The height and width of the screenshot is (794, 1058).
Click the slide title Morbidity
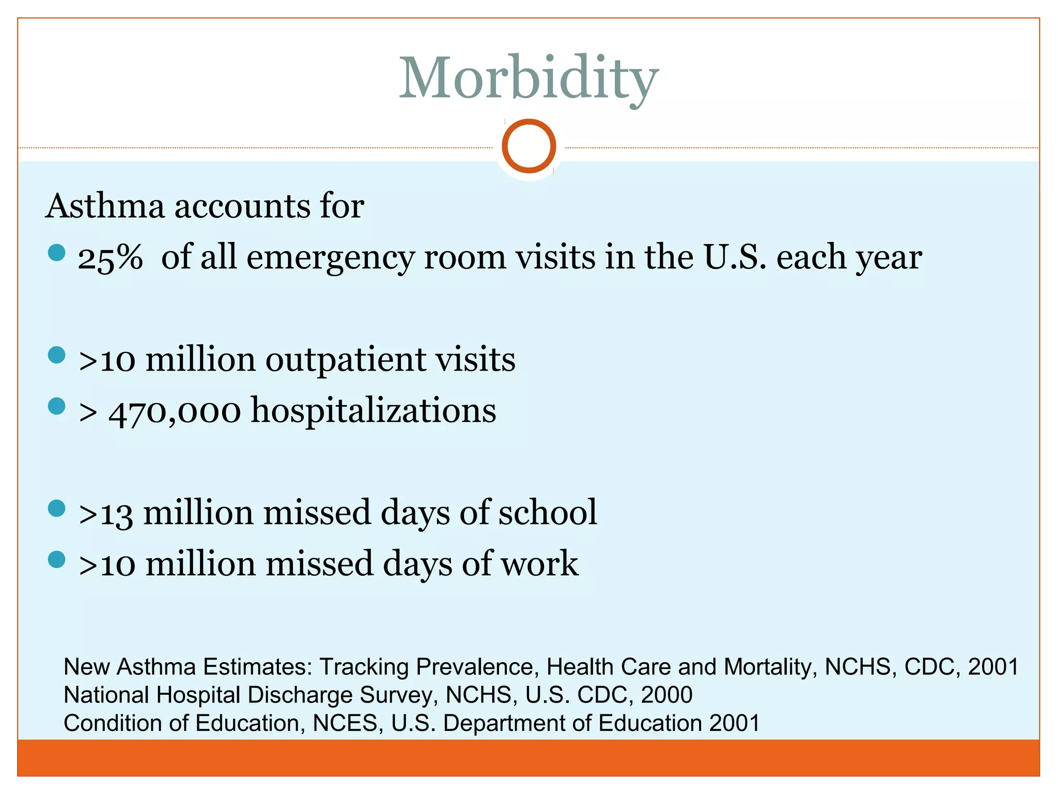528,79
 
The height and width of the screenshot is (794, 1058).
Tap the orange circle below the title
528,146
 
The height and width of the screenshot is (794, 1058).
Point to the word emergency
331,258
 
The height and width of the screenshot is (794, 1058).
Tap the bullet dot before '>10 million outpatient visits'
56,356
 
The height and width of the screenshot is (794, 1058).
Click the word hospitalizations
374,411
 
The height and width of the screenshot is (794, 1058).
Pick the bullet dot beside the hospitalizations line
56,406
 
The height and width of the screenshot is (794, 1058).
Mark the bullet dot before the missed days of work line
56,560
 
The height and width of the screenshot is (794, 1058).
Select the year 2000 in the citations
666,695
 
